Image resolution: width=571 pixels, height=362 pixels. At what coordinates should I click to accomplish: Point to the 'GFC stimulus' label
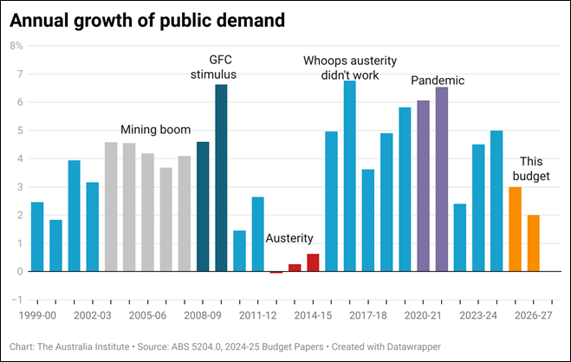(x=214, y=67)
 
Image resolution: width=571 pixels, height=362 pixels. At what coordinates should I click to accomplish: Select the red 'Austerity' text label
(x=289, y=238)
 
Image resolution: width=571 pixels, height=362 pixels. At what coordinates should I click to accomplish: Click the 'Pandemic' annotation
(x=438, y=81)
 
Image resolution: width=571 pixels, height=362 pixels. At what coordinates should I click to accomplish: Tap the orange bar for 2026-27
(x=533, y=243)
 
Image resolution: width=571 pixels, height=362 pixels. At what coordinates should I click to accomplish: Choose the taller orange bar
(x=515, y=229)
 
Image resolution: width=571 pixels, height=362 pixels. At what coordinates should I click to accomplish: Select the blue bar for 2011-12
(x=257, y=234)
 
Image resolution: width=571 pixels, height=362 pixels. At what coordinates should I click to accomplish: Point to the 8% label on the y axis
(x=16, y=45)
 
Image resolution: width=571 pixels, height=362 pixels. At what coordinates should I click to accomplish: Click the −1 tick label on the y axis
(x=16, y=300)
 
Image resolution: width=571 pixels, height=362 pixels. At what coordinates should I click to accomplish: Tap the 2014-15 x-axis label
(x=313, y=316)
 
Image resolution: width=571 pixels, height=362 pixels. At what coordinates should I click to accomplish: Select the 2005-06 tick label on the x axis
(x=147, y=316)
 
